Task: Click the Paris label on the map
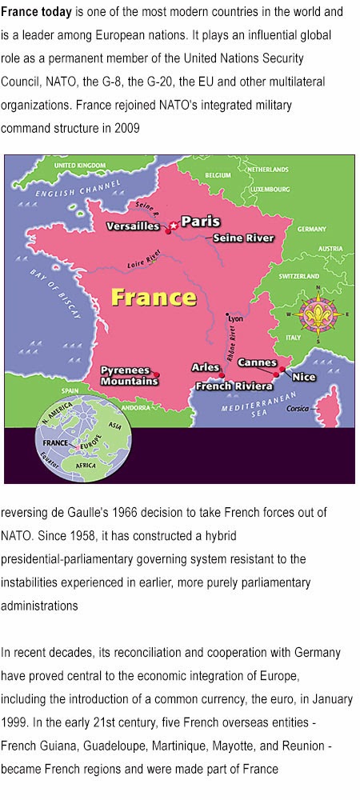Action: point(201,222)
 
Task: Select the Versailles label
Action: point(134,226)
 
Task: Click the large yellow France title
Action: point(154,298)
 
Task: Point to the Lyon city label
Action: point(235,318)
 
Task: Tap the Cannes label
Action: point(258,363)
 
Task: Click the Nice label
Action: point(304,377)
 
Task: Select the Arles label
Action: point(206,367)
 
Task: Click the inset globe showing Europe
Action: point(77,438)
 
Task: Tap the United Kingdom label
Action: point(80,165)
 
